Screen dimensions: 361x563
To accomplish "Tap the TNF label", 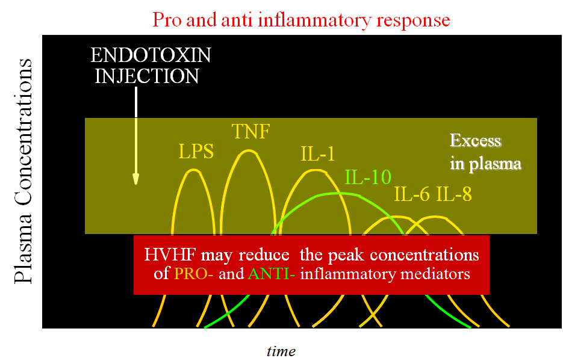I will point(250,132).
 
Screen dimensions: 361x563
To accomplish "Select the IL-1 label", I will point(317,155).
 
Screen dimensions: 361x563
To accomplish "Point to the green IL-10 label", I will point(368,177).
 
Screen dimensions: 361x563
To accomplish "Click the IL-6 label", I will point(413,194).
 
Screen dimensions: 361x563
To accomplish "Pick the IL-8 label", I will point(454,194).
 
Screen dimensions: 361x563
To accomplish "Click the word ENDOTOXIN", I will point(151,56).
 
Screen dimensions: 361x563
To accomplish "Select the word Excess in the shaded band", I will point(475,141).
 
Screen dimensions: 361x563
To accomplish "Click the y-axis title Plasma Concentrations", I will point(24,171).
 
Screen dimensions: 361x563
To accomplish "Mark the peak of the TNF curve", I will point(248,150).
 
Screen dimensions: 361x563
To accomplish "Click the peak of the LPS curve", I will point(193,170).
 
